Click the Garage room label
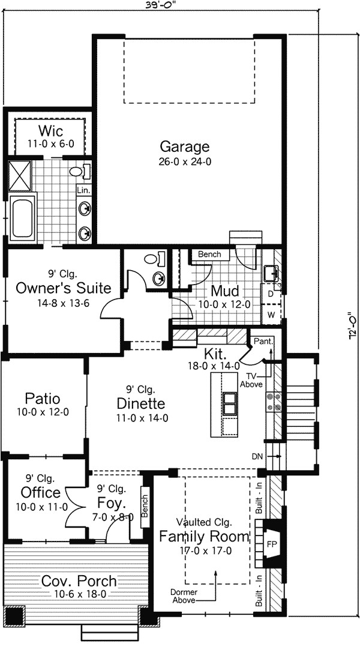click(x=184, y=146)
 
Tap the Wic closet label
click(x=51, y=131)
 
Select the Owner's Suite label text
click(x=64, y=288)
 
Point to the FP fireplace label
click(x=271, y=545)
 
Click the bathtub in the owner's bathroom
click(x=23, y=217)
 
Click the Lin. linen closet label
click(x=83, y=190)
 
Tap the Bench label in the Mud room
click(x=209, y=255)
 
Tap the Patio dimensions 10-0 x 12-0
click(x=42, y=412)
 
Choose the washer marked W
click(x=271, y=314)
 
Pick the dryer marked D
click(x=271, y=295)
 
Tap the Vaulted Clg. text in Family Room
click(x=203, y=522)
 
